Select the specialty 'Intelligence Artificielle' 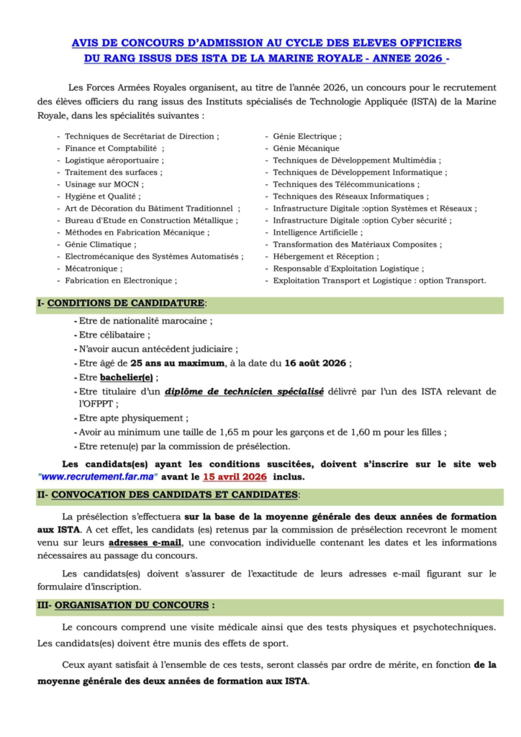(x=317, y=232)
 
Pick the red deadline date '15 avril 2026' (x=234, y=477)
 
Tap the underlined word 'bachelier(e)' (x=127, y=377)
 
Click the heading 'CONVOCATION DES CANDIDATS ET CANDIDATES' (x=174, y=495)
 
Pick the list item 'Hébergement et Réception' (x=325, y=256)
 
